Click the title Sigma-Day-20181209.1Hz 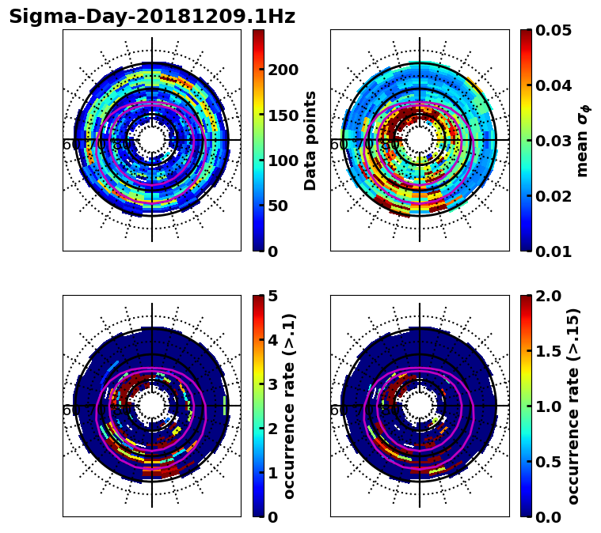click(x=152, y=17)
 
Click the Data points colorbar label click(x=310, y=140)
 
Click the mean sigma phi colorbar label click(x=583, y=140)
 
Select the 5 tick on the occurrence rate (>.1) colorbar click(x=272, y=296)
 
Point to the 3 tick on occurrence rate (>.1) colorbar click(x=272, y=384)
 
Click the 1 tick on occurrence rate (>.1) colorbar click(x=272, y=473)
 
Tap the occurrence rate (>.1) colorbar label click(x=289, y=406)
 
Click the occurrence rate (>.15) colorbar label click(x=573, y=406)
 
